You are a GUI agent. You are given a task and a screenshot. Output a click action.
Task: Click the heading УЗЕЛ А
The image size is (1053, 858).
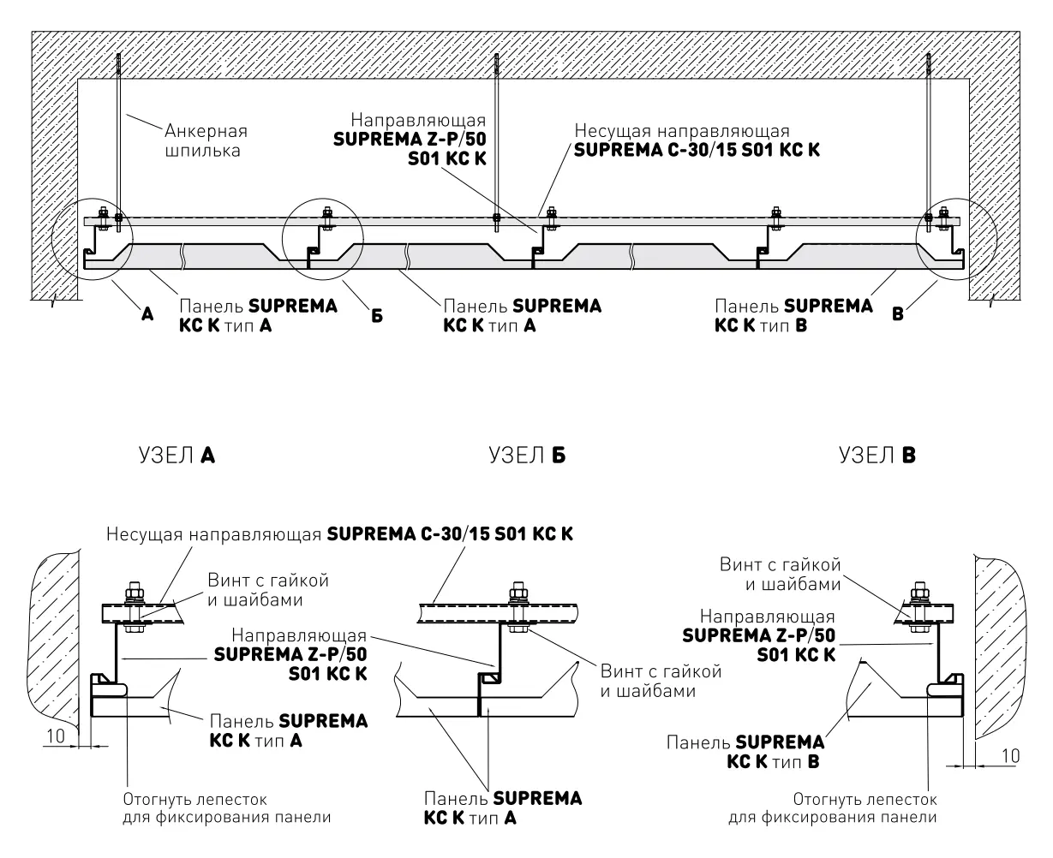click(x=176, y=456)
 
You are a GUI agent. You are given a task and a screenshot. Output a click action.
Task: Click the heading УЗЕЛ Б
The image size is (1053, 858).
click(x=527, y=456)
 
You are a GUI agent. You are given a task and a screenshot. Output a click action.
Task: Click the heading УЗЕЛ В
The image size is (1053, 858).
click(x=877, y=456)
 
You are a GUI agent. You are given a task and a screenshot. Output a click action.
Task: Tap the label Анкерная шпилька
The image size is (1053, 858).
click(x=206, y=140)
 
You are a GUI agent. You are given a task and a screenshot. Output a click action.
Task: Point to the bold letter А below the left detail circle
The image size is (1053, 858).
click(x=147, y=314)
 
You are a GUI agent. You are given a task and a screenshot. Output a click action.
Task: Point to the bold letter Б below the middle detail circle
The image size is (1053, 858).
click(x=377, y=316)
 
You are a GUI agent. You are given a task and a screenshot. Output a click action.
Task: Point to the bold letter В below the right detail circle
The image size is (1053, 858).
click(x=897, y=314)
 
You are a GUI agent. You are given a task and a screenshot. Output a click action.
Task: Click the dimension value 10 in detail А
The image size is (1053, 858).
click(x=56, y=736)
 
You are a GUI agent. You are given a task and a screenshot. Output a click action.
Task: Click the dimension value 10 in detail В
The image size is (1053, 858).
click(x=1010, y=756)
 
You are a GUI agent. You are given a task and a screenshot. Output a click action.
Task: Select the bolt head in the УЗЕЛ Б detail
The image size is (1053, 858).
click(x=518, y=587)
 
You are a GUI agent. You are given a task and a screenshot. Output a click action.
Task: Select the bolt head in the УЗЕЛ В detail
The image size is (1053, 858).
click(x=920, y=587)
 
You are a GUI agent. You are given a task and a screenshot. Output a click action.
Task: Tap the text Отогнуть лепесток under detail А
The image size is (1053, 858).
click(x=194, y=799)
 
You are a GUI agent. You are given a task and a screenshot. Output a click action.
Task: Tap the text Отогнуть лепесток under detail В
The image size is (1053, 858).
click(x=865, y=799)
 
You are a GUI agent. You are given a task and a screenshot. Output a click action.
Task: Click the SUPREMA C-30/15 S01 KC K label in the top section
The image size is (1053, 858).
click(x=697, y=150)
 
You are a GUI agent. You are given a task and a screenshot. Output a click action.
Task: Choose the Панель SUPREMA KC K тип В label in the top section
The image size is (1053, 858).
click(x=793, y=315)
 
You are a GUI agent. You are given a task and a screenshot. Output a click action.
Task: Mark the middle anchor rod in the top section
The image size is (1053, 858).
click(x=496, y=142)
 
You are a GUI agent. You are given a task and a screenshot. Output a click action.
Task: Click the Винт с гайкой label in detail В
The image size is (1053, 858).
click(x=781, y=564)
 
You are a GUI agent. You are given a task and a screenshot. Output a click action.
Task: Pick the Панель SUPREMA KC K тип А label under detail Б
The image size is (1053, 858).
click(x=503, y=807)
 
